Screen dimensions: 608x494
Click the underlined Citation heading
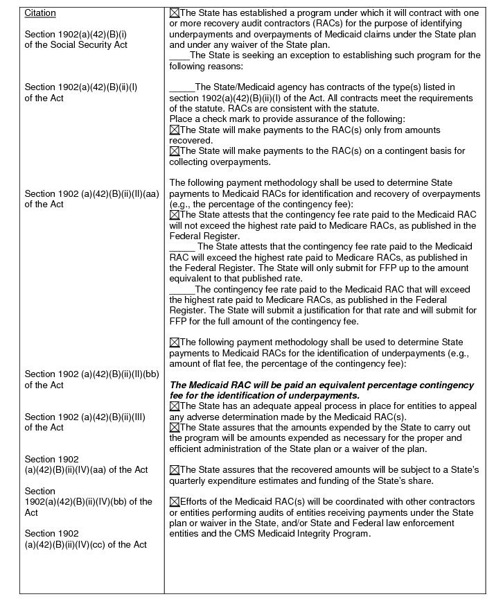tap(40, 13)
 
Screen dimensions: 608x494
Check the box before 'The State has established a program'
tap(175, 13)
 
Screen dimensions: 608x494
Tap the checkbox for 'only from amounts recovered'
tap(175, 130)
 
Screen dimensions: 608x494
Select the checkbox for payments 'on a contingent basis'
tap(175, 151)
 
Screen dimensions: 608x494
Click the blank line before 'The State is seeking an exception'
tap(179, 55)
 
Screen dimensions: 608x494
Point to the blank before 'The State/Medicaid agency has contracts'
tap(182, 87)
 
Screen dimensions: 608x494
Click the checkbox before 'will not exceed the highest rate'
tap(175, 215)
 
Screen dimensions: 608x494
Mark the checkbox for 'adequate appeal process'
tap(175, 406)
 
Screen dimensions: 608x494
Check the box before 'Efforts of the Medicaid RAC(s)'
tap(175, 502)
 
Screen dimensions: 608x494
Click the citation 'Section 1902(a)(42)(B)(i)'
tap(76, 34)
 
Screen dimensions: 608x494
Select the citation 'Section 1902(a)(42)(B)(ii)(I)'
tap(80, 87)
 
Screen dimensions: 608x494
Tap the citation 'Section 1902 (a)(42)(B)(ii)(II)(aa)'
tap(91, 193)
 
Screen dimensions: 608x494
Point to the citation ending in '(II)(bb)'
tap(91, 374)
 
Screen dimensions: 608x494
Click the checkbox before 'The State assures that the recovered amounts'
tap(175, 470)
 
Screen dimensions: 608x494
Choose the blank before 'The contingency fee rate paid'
tap(182, 290)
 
